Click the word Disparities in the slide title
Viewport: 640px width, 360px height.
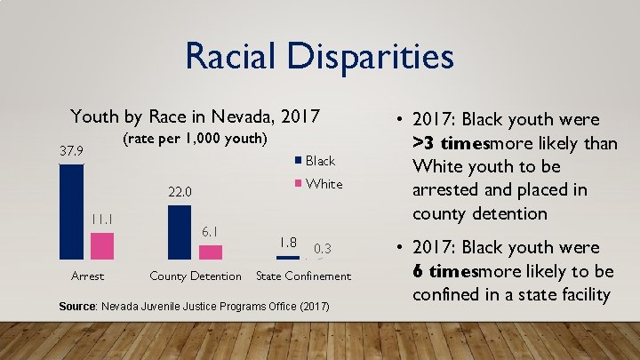[x=372, y=56]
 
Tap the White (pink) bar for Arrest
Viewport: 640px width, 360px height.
[x=102, y=245]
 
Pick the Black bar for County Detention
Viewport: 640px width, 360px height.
[x=180, y=232]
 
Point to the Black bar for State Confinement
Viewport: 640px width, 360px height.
[x=287, y=257]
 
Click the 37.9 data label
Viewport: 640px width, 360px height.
[x=72, y=151]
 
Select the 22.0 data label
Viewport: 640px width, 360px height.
[x=180, y=192]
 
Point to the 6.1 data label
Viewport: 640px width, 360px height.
[x=211, y=232]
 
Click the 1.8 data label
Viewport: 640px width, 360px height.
[x=287, y=242]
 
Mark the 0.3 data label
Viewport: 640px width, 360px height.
[x=323, y=248]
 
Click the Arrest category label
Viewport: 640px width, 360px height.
[x=87, y=276]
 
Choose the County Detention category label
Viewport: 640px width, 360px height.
[x=196, y=276]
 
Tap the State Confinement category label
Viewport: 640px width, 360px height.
[x=303, y=276]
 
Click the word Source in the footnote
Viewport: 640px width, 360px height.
[x=76, y=307]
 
